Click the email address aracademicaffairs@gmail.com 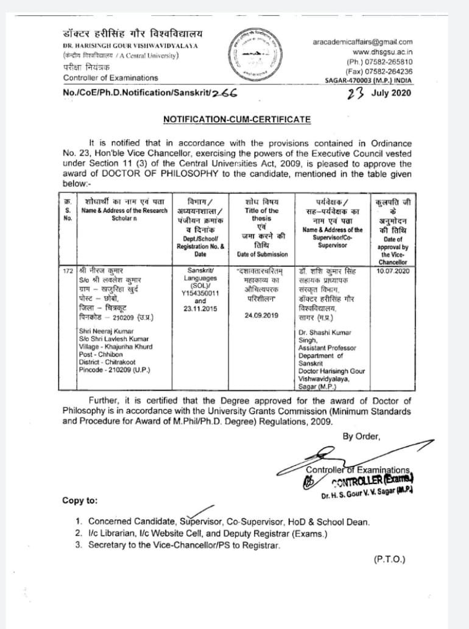point(362,42)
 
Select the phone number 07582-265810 point(388,61)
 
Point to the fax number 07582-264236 point(388,71)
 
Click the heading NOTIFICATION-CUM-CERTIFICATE point(237,119)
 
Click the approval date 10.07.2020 point(393,270)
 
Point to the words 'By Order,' point(361,436)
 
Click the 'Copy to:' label point(79,501)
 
